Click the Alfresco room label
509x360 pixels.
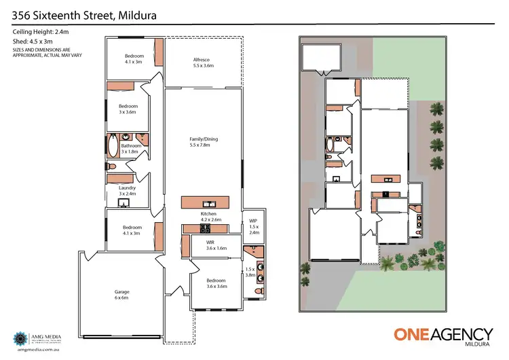click(x=204, y=62)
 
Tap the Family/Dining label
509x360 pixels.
click(x=204, y=142)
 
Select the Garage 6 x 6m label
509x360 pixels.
click(x=121, y=295)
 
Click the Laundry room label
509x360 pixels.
click(x=128, y=191)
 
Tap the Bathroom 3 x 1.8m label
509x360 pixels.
click(x=130, y=149)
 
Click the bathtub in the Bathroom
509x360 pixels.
click(x=112, y=145)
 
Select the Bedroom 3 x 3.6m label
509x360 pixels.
click(x=128, y=109)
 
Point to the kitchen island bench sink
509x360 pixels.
click(x=209, y=203)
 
